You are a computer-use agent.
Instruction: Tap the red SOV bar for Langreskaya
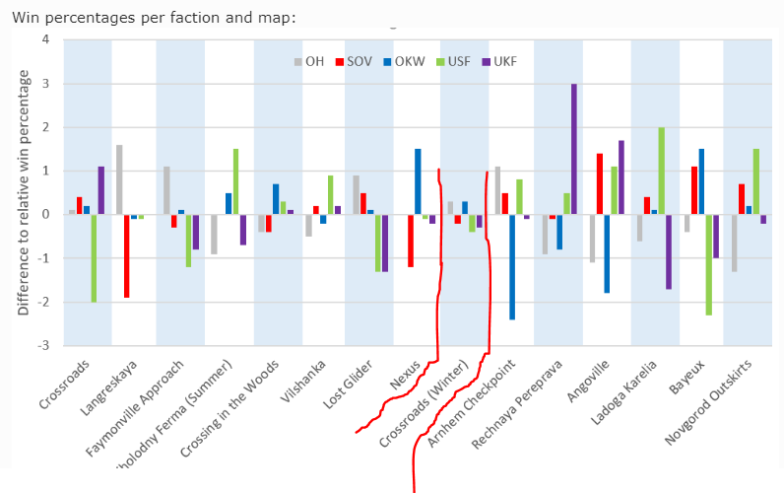(127, 255)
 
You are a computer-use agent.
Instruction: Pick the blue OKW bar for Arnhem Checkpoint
(512, 266)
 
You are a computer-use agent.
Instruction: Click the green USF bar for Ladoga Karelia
(661, 171)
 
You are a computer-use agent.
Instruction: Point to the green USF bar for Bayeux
(708, 264)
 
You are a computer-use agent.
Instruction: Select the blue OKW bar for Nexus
(418, 181)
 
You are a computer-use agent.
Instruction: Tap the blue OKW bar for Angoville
(607, 253)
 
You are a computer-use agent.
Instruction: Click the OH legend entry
(309, 61)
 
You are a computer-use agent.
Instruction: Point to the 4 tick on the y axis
(44, 39)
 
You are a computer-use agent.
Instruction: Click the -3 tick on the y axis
(42, 345)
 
